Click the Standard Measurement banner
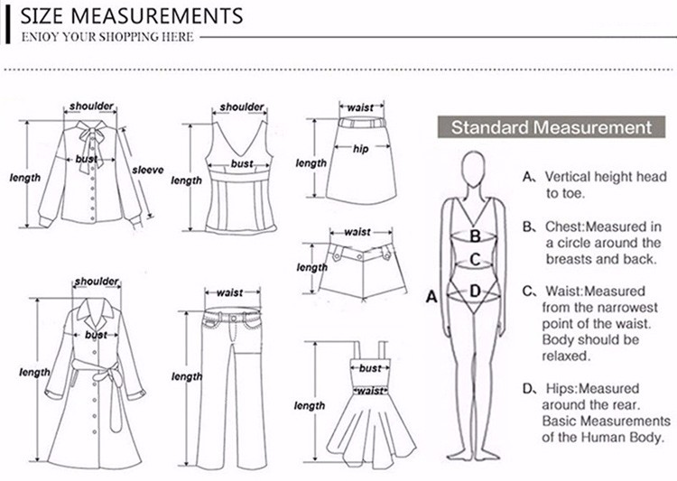click(x=550, y=127)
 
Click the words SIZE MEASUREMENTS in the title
click(x=130, y=15)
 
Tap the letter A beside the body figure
click(x=431, y=295)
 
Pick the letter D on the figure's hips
click(x=475, y=291)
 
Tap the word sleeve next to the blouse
click(x=147, y=170)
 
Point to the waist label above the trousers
click(x=229, y=292)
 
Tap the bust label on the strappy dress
click(x=370, y=368)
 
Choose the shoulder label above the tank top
click(x=242, y=107)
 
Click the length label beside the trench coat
click(x=34, y=373)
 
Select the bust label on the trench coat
click(x=96, y=335)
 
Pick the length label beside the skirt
click(x=311, y=163)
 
